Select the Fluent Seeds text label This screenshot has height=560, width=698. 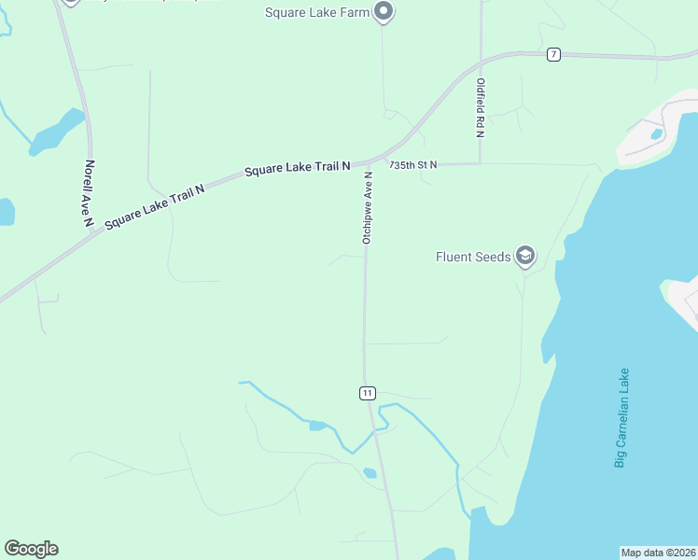click(473, 256)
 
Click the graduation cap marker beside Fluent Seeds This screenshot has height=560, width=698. click(525, 256)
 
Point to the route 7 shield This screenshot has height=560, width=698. click(553, 55)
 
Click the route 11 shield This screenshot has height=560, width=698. click(367, 393)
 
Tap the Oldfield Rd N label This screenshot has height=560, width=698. click(480, 107)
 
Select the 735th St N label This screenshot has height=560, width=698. click(413, 165)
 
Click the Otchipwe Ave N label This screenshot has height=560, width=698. click(368, 207)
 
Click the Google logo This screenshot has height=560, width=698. click(31, 549)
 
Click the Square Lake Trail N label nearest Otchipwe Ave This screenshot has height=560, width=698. click(297, 170)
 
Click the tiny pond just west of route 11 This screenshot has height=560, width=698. click(317, 426)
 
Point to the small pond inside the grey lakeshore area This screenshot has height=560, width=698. click(657, 133)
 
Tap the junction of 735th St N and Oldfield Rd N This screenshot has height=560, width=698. click(480, 163)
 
